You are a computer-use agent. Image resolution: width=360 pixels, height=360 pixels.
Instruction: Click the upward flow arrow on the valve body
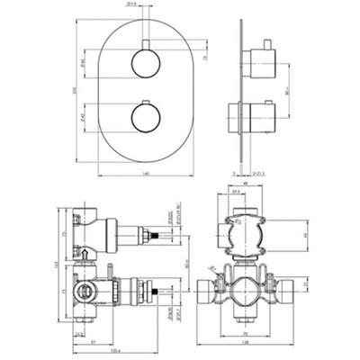tap(84, 256)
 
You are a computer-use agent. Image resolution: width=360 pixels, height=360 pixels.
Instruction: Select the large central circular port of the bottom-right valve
tap(245, 292)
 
